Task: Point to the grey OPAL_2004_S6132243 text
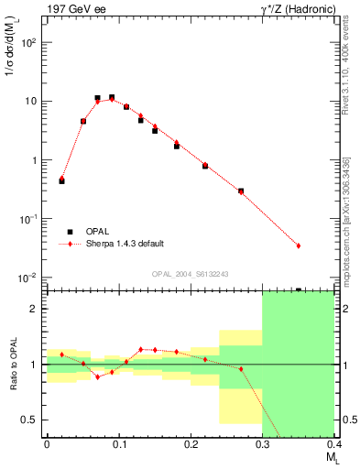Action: pos(190,274)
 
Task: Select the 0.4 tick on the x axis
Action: pos(333,444)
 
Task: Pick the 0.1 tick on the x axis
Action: pos(118,444)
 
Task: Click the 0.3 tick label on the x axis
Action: pos(262,444)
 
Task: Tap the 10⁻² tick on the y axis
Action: pos(31,278)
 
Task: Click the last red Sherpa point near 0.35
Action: pos(299,245)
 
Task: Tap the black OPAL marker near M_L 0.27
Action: pos(241,191)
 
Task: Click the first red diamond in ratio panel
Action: pos(61,354)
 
